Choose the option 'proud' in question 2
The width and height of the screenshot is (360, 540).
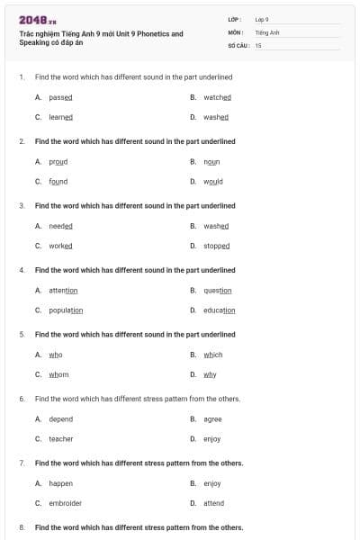coord(58,162)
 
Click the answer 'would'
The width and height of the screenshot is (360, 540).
coord(212,181)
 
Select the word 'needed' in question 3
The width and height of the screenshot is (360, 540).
coord(60,226)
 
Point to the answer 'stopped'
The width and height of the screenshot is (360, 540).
coord(216,246)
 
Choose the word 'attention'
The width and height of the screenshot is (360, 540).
coord(63,291)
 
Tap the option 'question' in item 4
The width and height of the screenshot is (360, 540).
coord(218,291)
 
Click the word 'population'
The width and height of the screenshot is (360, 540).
coord(66,310)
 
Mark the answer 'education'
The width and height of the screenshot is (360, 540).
coord(219,310)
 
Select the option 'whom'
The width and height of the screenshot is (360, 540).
coord(58,374)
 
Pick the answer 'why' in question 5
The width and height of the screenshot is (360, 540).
coord(210,374)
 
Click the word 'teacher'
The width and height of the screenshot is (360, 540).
coord(61,439)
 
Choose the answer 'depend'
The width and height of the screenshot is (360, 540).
coord(60,419)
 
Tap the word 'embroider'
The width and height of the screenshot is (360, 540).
coord(65,503)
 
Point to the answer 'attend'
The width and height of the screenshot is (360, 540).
coord(213,503)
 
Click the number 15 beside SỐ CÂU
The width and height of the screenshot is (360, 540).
coord(257,44)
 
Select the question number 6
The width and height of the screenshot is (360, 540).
coord(21,399)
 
